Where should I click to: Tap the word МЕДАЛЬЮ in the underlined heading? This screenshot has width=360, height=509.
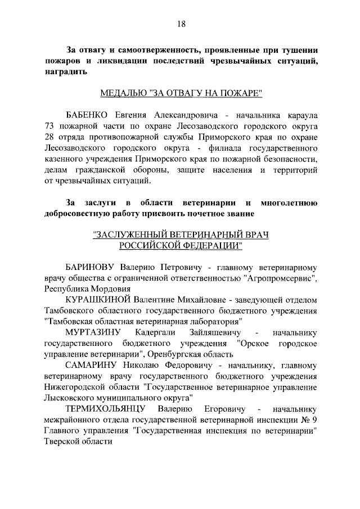(x=123, y=92)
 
